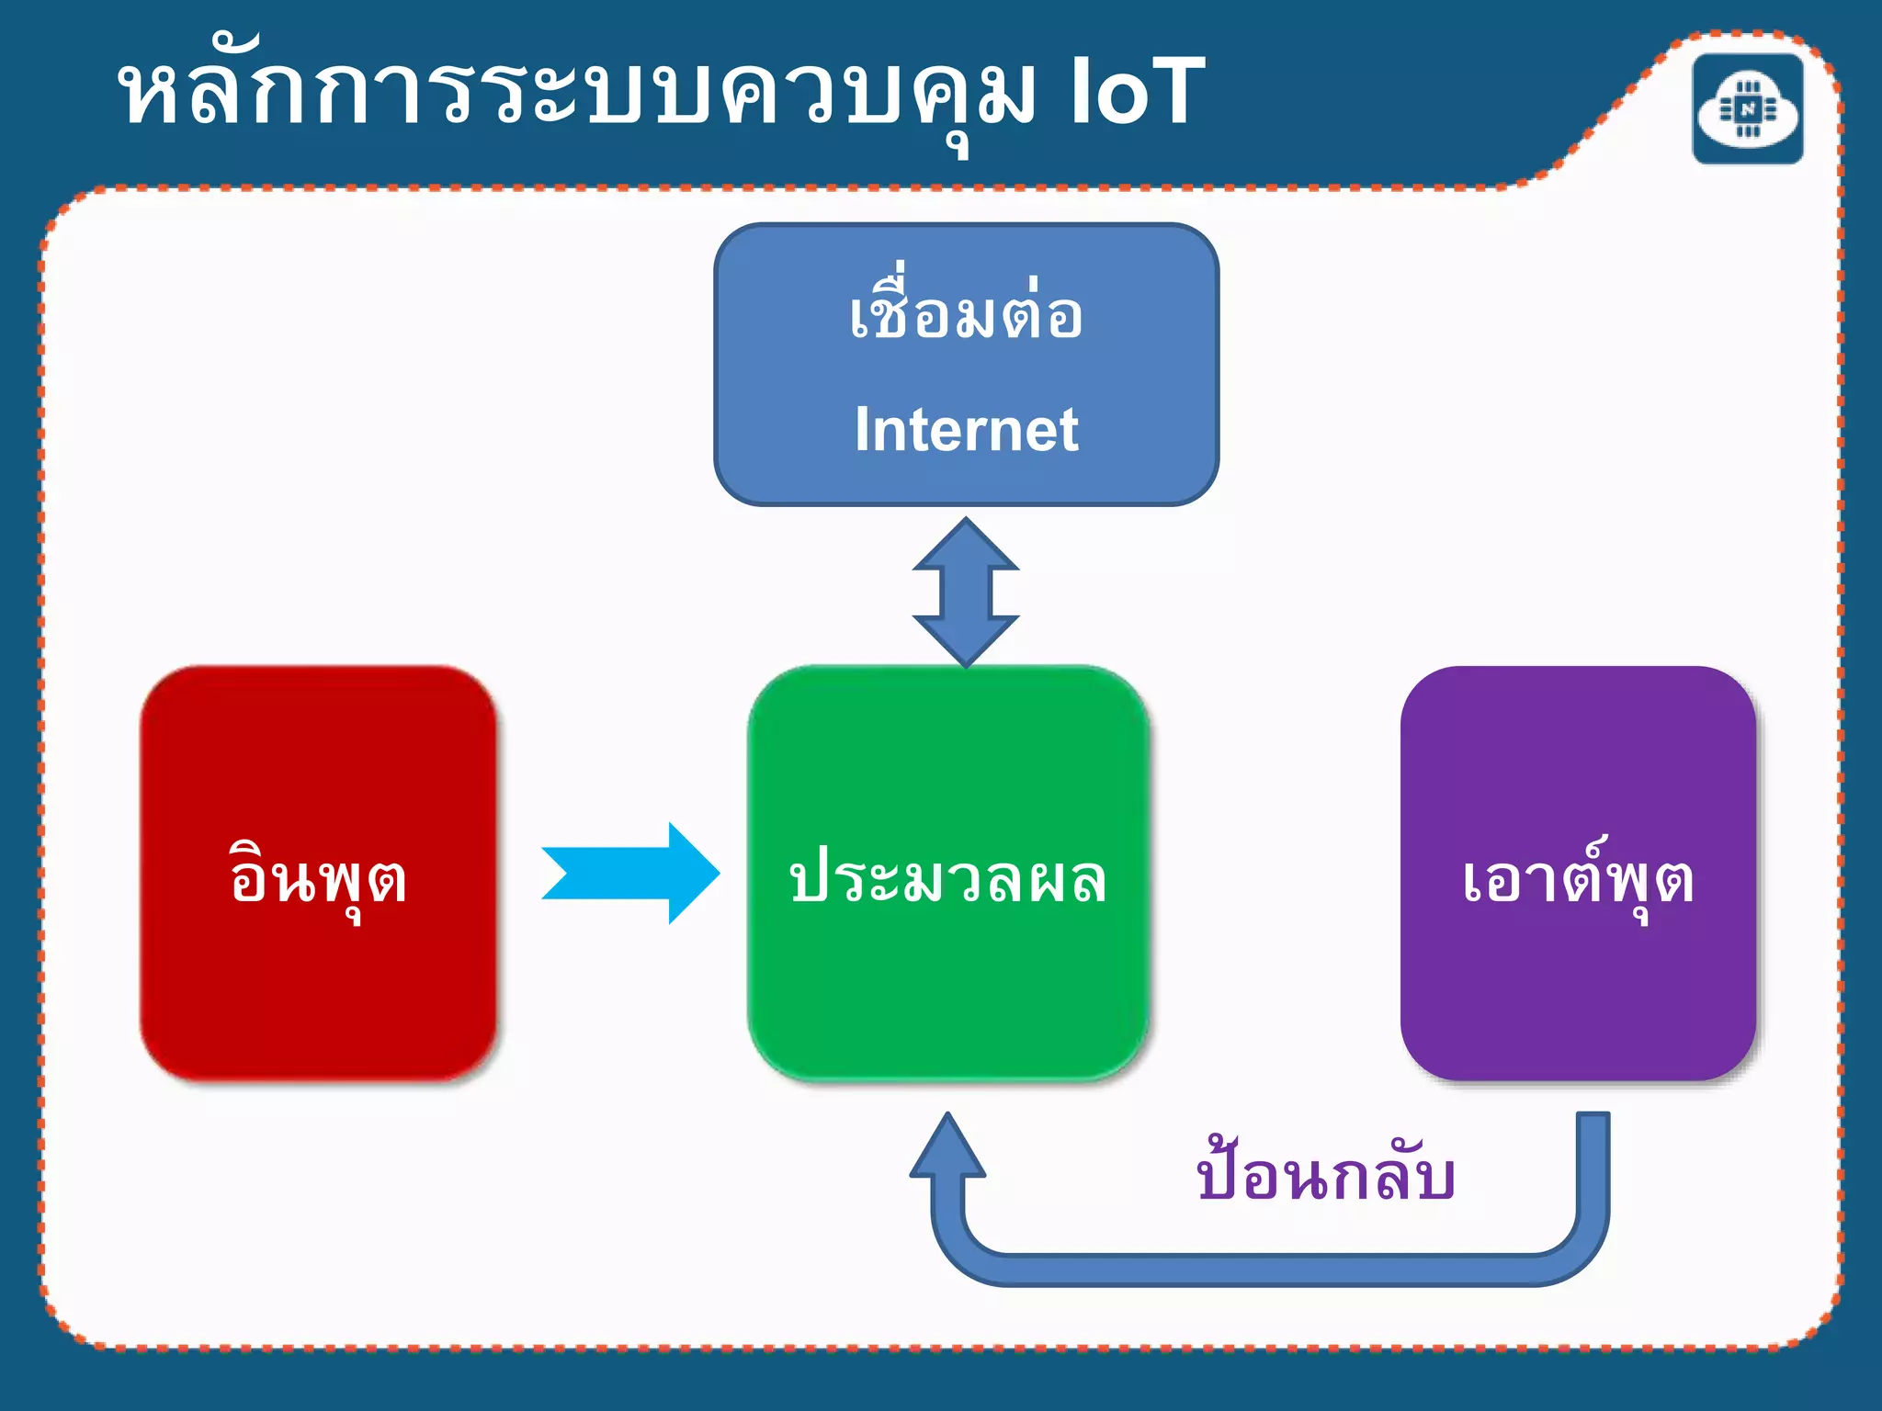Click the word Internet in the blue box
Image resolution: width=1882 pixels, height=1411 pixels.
966,430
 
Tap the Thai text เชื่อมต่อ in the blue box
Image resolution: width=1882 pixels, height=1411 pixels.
966,315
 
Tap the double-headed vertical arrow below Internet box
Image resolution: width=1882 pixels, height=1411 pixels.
966,592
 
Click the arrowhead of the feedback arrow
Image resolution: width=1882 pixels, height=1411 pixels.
947,1148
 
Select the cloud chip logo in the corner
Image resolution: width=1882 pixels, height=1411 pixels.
1747,109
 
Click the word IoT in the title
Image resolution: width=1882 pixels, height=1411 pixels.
1137,92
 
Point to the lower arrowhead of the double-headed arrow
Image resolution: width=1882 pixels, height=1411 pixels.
966,638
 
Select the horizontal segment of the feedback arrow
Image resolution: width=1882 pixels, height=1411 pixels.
1268,1269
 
